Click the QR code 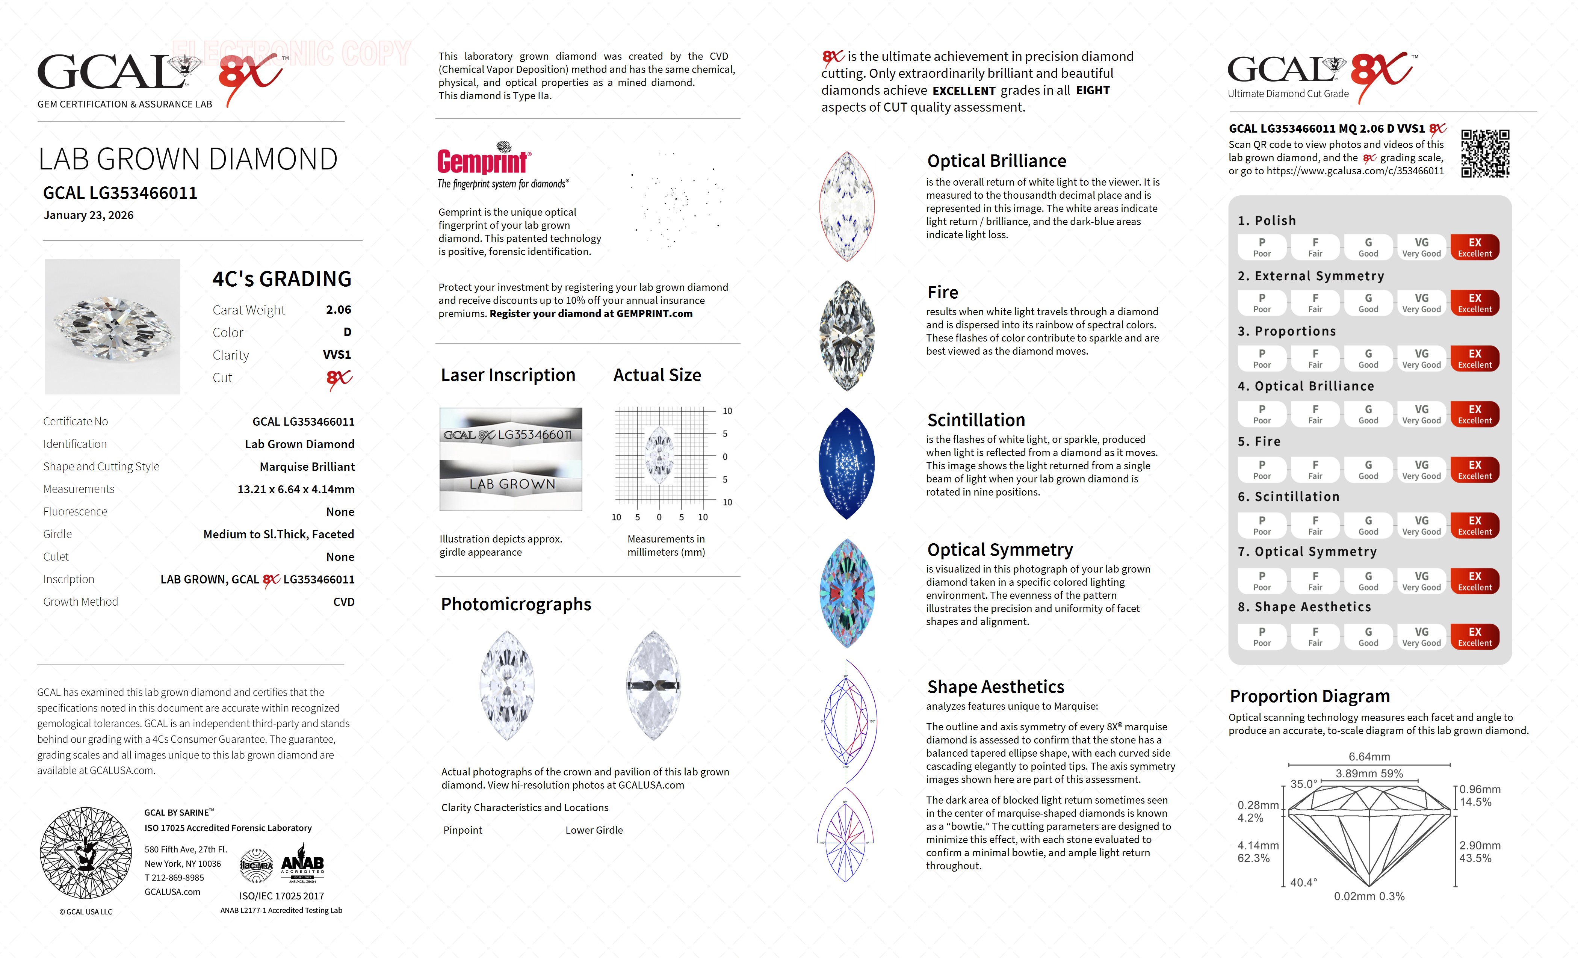(x=1484, y=154)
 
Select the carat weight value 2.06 (x=338, y=310)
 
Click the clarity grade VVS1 (x=337, y=355)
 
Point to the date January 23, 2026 (x=88, y=215)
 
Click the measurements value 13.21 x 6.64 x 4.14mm (x=296, y=489)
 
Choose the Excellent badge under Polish (x=1474, y=247)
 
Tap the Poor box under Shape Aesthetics (x=1262, y=636)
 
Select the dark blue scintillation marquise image (x=846, y=463)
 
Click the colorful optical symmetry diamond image (x=846, y=593)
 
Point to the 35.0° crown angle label (x=1303, y=784)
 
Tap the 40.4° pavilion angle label (x=1303, y=882)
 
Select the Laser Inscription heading (x=508, y=375)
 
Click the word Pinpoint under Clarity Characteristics (x=463, y=830)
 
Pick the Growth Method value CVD (x=343, y=602)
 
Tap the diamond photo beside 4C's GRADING (x=113, y=326)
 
